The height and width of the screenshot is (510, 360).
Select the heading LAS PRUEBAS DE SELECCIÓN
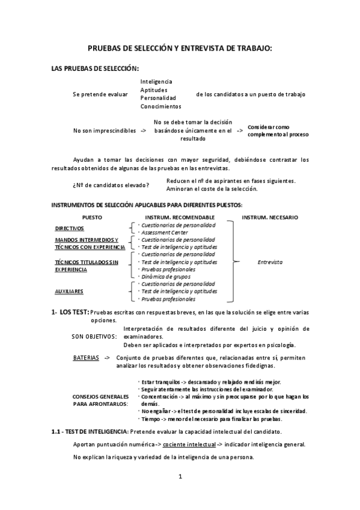click(96, 69)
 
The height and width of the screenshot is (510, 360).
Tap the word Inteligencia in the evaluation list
click(156, 81)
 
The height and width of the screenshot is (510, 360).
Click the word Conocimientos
click(160, 106)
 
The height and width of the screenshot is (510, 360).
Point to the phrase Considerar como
click(269, 127)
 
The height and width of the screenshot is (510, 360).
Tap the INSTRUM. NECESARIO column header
click(269, 217)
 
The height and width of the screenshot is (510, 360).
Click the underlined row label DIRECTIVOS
click(70, 229)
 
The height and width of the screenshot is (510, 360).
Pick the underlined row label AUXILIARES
click(69, 291)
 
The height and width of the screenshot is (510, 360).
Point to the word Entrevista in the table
click(269, 262)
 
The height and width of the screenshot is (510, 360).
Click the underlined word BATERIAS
click(86, 357)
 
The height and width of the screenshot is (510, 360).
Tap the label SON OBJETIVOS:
click(94, 337)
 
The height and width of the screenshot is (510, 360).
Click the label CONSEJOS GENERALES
click(100, 397)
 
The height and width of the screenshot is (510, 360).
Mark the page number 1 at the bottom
click(180, 477)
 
